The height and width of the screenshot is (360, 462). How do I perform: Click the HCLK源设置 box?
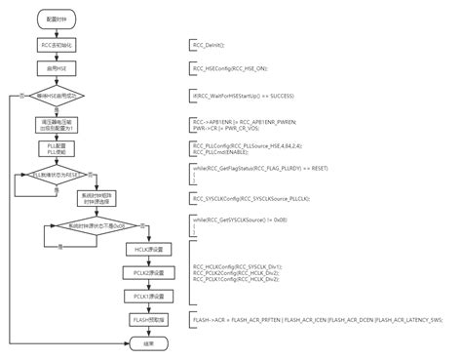136,250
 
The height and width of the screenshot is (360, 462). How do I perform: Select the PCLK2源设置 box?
136,272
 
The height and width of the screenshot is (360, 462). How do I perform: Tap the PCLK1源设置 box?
136,295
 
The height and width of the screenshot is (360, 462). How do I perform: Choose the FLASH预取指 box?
136,319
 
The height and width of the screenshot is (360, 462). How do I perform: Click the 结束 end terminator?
136,342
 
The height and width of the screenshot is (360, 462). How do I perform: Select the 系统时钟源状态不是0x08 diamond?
91,224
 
